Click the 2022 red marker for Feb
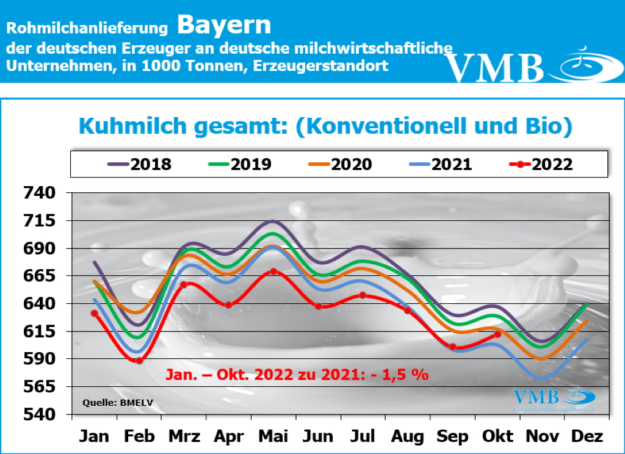point(139,361)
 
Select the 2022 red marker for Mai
point(273,272)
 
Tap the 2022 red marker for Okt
point(497,334)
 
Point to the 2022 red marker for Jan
point(95,313)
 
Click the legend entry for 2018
point(140,165)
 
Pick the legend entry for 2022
point(540,165)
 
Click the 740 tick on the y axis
point(40,193)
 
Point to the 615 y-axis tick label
point(40,332)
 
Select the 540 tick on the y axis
point(40,416)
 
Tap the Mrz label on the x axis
point(184,437)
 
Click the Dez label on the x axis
point(587,437)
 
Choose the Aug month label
point(408,437)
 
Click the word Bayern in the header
point(224,26)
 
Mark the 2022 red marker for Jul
point(363,295)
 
